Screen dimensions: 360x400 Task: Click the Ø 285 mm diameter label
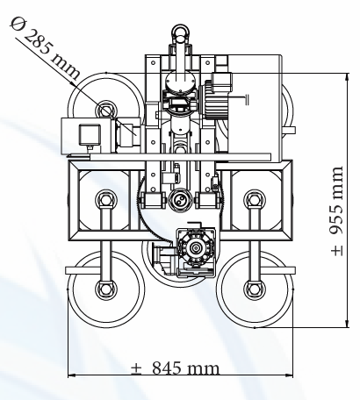[x=45, y=48]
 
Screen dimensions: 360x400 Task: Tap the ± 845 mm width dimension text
[x=175, y=368]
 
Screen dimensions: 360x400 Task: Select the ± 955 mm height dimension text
[x=336, y=211]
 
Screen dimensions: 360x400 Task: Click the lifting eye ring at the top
[x=181, y=31]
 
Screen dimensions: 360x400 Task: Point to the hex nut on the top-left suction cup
[x=105, y=111]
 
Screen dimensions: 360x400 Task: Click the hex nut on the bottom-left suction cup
[x=105, y=289]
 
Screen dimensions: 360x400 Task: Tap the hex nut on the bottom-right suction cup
[x=254, y=289]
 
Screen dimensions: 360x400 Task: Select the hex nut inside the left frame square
[x=105, y=200]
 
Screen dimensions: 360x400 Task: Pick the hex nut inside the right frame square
[x=254, y=200]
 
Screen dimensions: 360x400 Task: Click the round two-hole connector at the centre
[x=180, y=200]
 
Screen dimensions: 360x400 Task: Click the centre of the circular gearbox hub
[x=195, y=248]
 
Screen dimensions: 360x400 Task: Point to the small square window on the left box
[x=90, y=134]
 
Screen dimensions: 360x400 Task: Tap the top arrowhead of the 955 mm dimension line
[x=347, y=77]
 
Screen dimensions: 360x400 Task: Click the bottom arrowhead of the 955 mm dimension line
[x=347, y=324]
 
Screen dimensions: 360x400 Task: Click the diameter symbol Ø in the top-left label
[x=17, y=24]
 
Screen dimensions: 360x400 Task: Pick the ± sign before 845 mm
[x=136, y=368]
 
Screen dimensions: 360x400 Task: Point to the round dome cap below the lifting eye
[x=180, y=81]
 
